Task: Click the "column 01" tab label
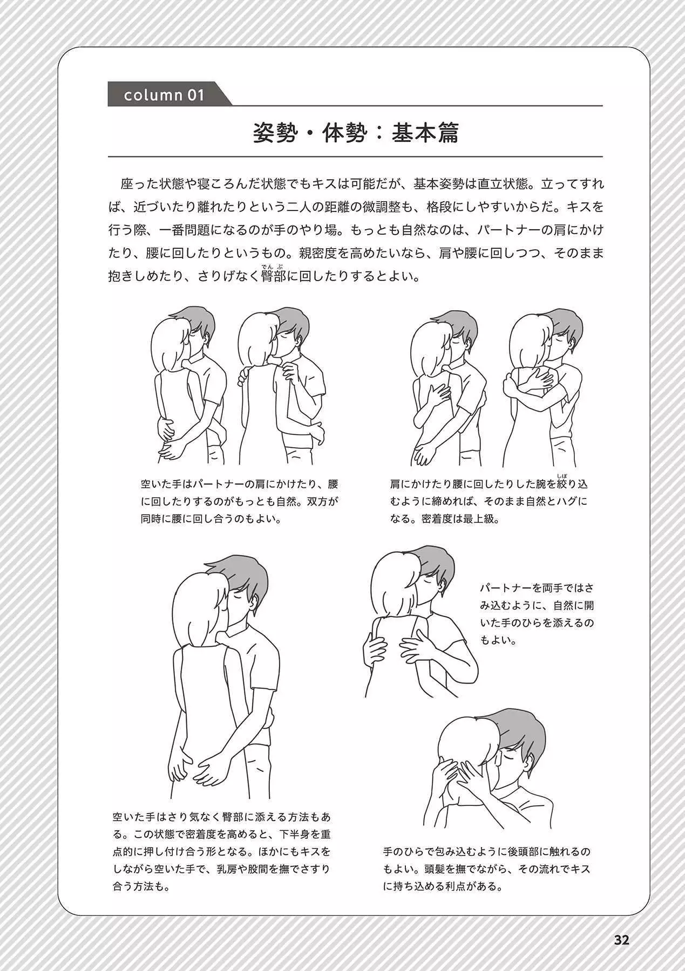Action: pyautogui.click(x=165, y=95)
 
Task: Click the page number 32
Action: pyautogui.click(x=622, y=940)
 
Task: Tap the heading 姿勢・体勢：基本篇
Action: pyautogui.click(x=356, y=133)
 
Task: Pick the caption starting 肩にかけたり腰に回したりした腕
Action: pyautogui.click(x=489, y=501)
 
